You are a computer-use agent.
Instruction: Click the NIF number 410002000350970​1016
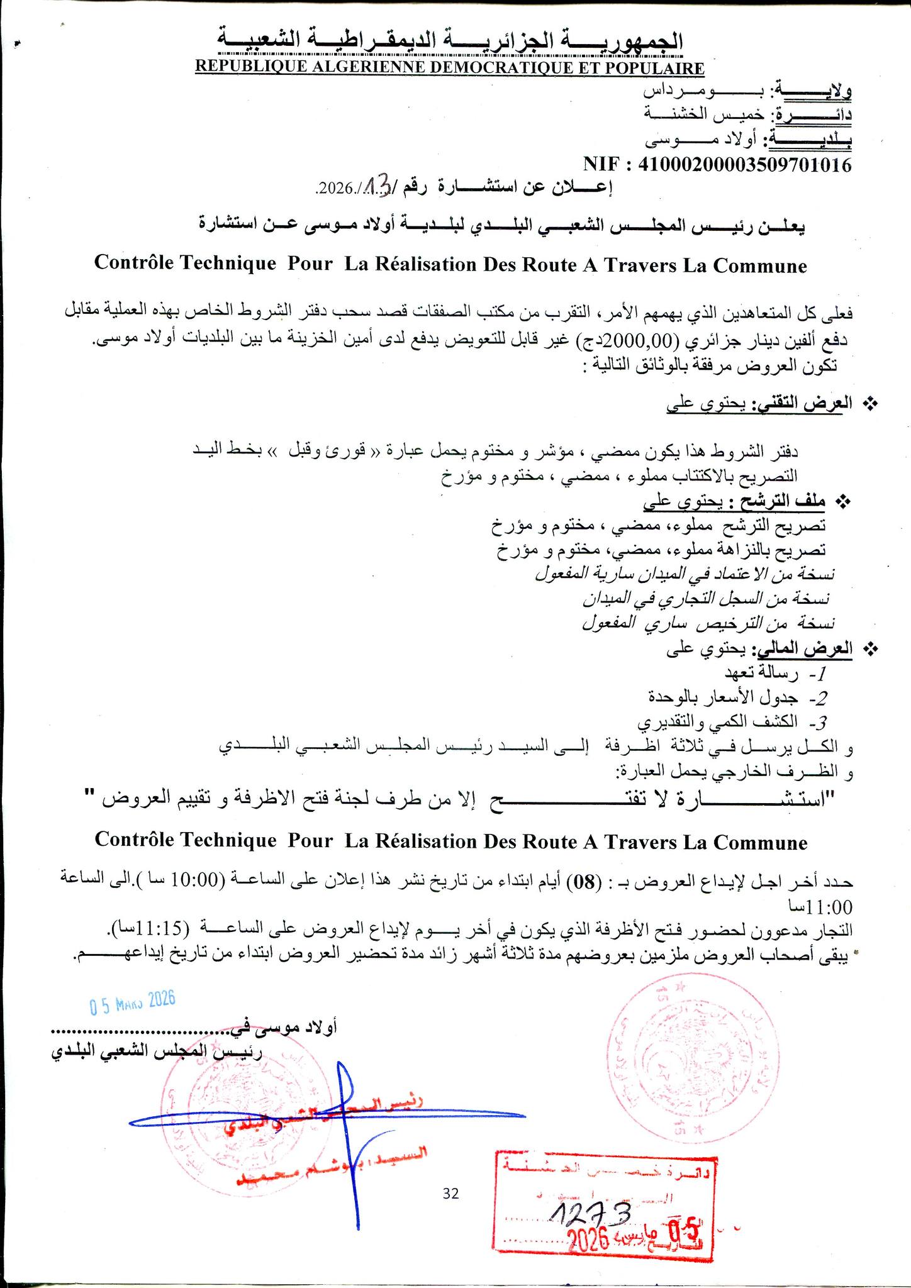tap(745, 165)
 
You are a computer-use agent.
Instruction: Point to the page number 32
tap(451, 1193)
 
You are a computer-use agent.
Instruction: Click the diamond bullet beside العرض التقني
tap(871, 404)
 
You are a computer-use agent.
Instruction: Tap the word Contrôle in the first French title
tap(137, 264)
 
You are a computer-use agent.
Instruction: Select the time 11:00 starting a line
tap(828, 908)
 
